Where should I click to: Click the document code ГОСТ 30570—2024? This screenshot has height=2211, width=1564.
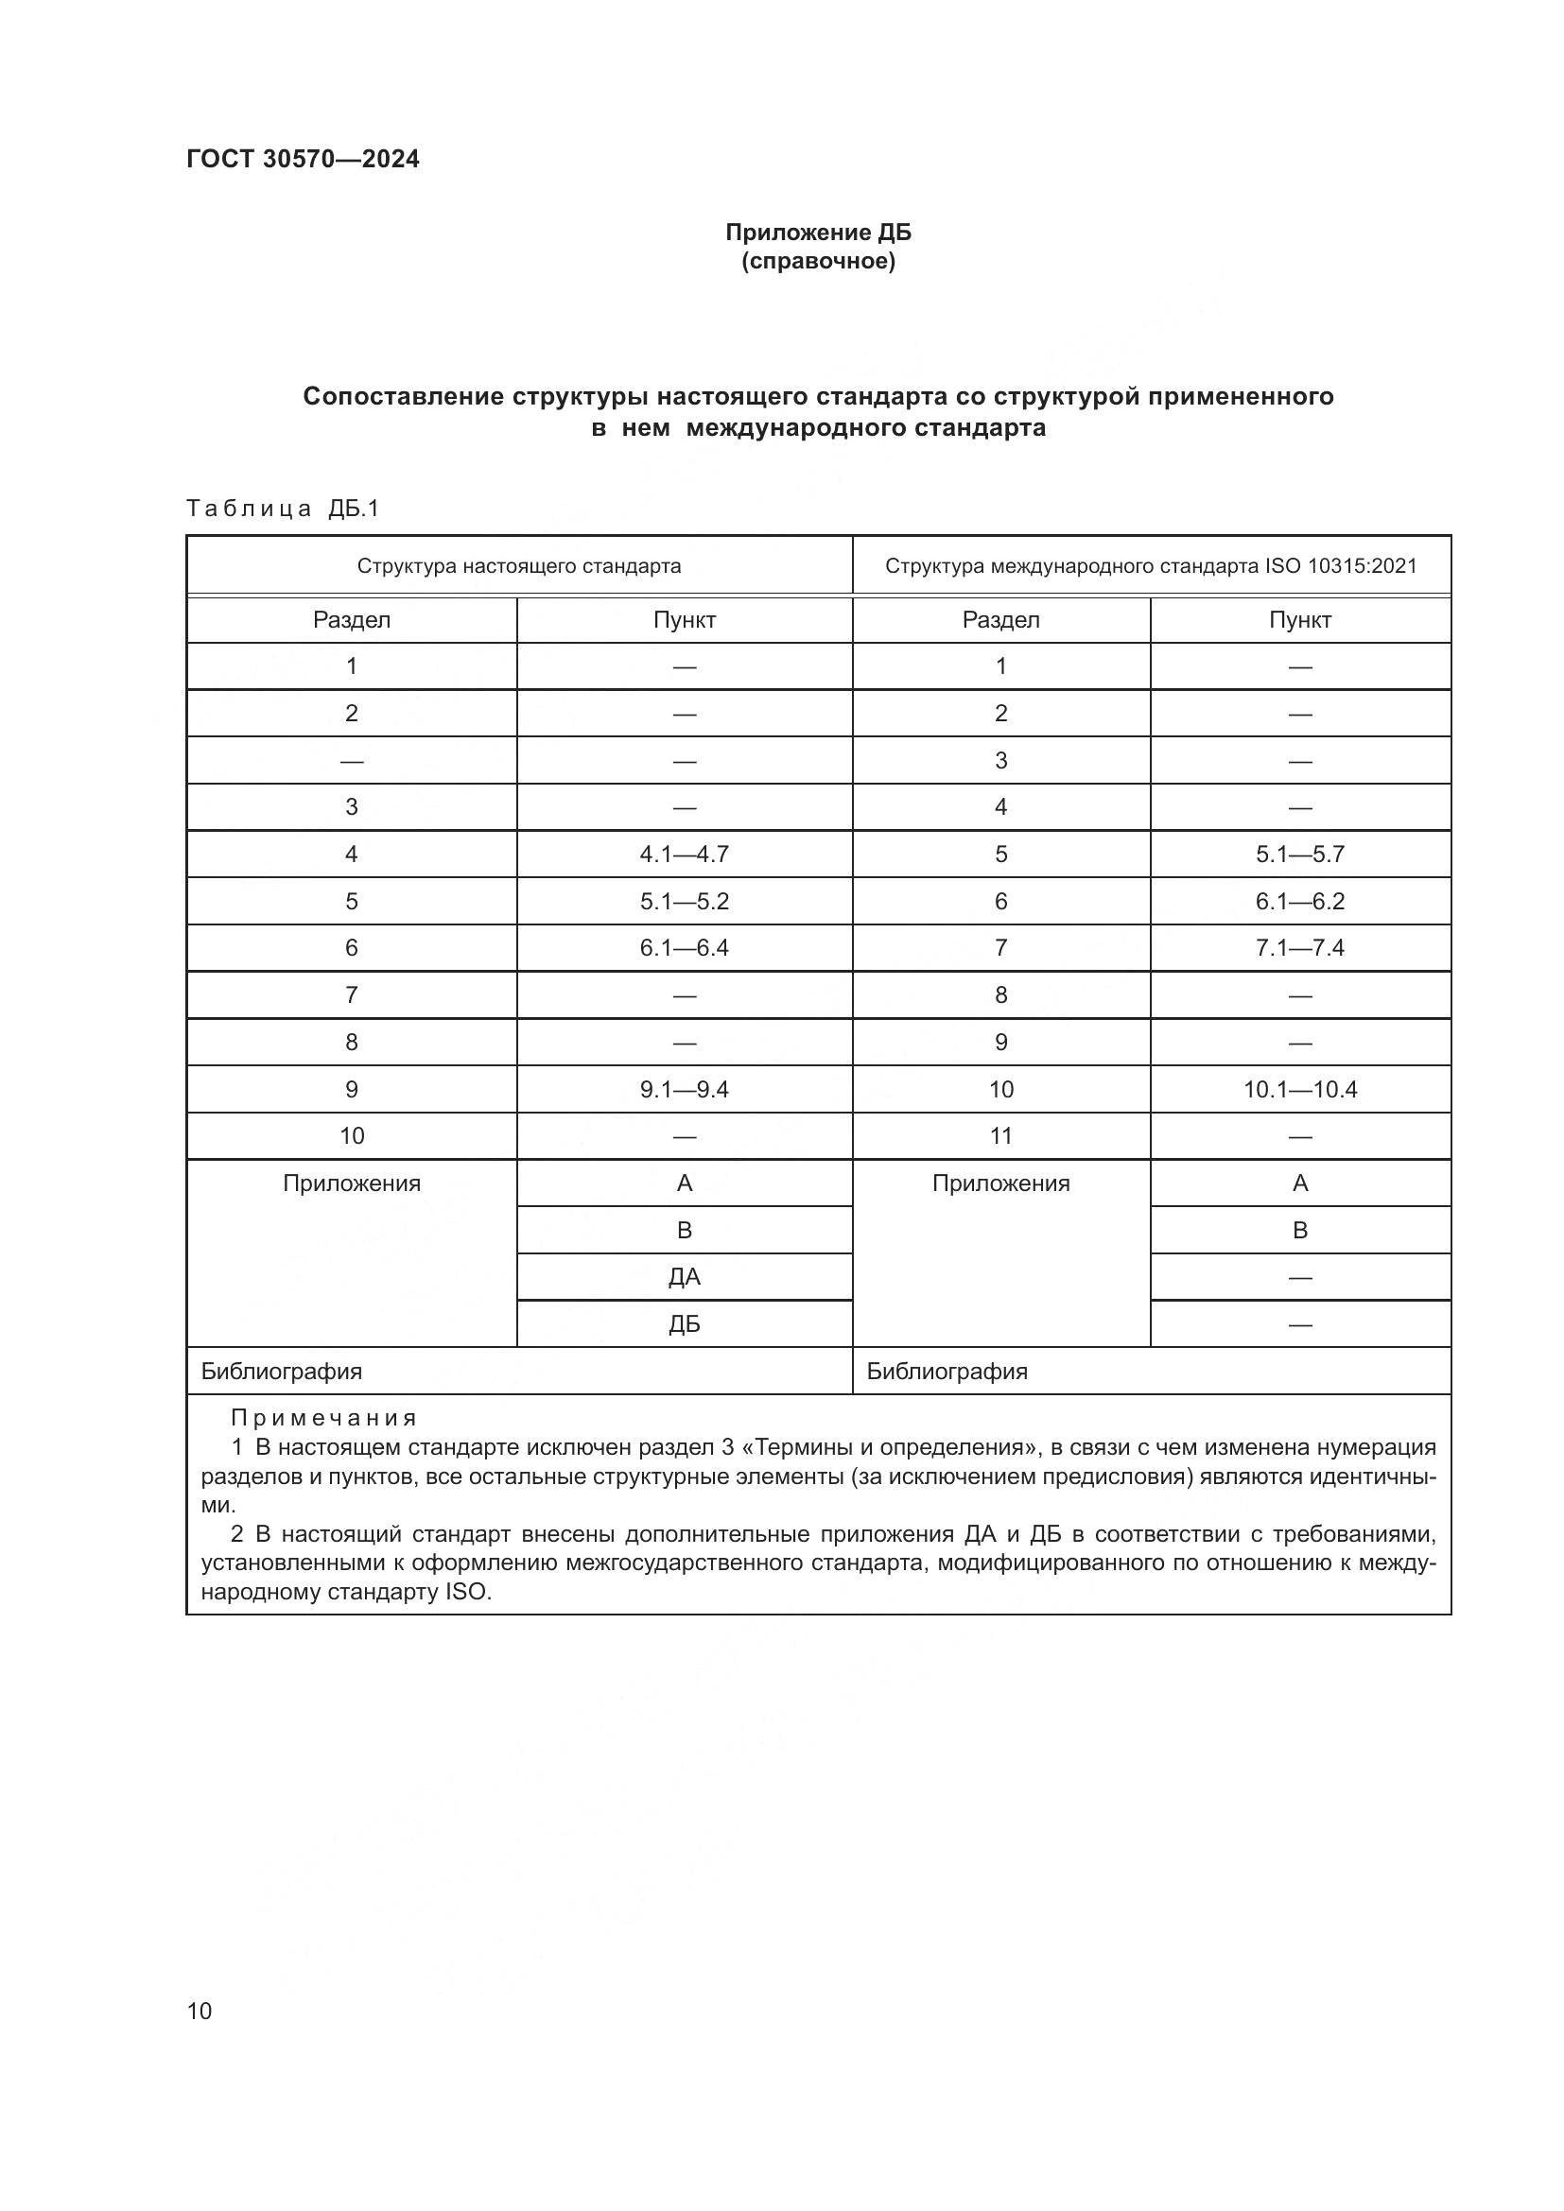click(x=303, y=159)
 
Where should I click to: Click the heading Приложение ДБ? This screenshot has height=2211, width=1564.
click(x=818, y=233)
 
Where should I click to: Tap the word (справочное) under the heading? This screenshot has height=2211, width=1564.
click(x=818, y=262)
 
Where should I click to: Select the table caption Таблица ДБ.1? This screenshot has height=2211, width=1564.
click(x=282, y=509)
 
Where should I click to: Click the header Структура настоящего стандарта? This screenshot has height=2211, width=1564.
click(x=518, y=566)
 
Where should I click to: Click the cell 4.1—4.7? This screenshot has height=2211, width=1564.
click(x=684, y=855)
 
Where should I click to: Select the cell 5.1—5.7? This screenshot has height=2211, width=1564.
click(x=1299, y=855)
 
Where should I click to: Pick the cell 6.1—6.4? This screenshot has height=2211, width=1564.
click(x=684, y=947)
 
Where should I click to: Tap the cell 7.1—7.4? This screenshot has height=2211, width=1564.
click(x=1299, y=947)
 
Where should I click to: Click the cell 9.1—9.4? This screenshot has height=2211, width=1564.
click(x=684, y=1089)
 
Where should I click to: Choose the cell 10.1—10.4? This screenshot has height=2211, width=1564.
click(x=1299, y=1089)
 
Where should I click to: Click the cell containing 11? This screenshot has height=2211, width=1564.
click(x=1000, y=1136)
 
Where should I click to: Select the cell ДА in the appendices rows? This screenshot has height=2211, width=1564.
click(x=684, y=1277)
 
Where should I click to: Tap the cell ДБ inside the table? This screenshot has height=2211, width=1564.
click(x=684, y=1324)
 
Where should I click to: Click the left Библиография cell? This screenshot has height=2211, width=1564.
click(x=281, y=1372)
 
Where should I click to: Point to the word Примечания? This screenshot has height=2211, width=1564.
click(x=323, y=1418)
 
